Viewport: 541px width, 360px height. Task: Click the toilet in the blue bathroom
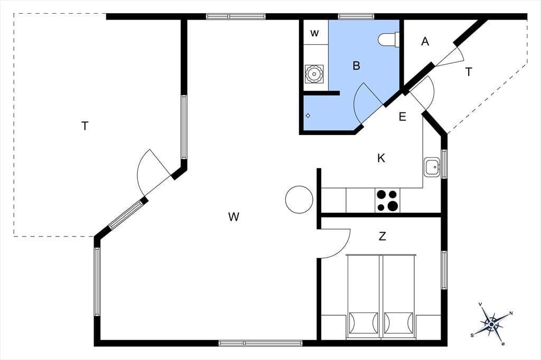pos(388,39)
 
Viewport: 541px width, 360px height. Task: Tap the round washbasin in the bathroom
pos(314,74)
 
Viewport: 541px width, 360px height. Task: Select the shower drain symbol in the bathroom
pos(308,116)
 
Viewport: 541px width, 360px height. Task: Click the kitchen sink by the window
pos(432,167)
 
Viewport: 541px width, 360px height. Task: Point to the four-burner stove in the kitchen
pos(387,201)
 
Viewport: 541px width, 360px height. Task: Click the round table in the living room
pos(299,200)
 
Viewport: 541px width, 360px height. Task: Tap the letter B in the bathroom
pos(357,65)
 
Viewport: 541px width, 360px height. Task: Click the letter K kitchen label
pos(381,158)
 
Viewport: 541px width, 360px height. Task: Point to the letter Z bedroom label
pos(383,236)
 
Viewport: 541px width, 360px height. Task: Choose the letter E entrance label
pos(402,117)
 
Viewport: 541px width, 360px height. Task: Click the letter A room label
pos(425,41)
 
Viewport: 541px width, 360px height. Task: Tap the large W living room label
pos(234,217)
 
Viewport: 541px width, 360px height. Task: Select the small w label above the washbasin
pos(314,33)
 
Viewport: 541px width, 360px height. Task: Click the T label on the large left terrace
pos(85,126)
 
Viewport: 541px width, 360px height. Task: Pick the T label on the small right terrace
pos(469,72)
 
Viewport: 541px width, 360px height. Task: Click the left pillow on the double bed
pos(363,323)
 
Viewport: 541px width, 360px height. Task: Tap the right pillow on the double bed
pos(398,323)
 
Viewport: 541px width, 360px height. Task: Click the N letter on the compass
pos(511,313)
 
